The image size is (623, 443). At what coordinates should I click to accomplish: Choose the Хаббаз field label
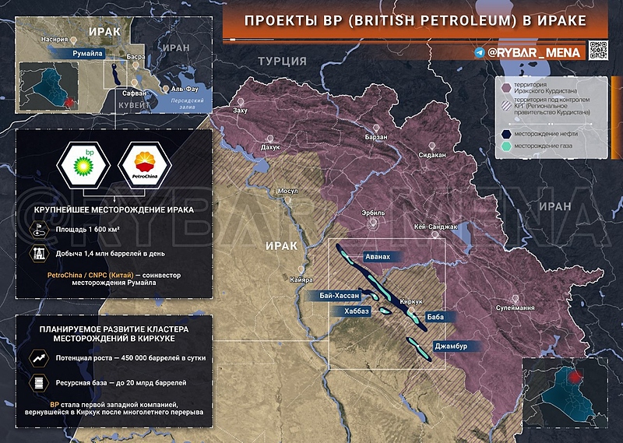pos(351,311)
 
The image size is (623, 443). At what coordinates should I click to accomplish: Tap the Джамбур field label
pos(451,346)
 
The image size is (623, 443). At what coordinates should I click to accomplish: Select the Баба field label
pos(435,317)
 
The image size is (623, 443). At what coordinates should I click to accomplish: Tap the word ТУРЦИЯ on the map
pos(281,62)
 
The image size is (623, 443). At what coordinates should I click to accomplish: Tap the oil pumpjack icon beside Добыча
pos(37,253)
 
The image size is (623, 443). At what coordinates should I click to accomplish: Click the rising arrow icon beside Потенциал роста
pos(37,360)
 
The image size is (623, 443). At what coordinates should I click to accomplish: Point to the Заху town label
pos(240,111)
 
